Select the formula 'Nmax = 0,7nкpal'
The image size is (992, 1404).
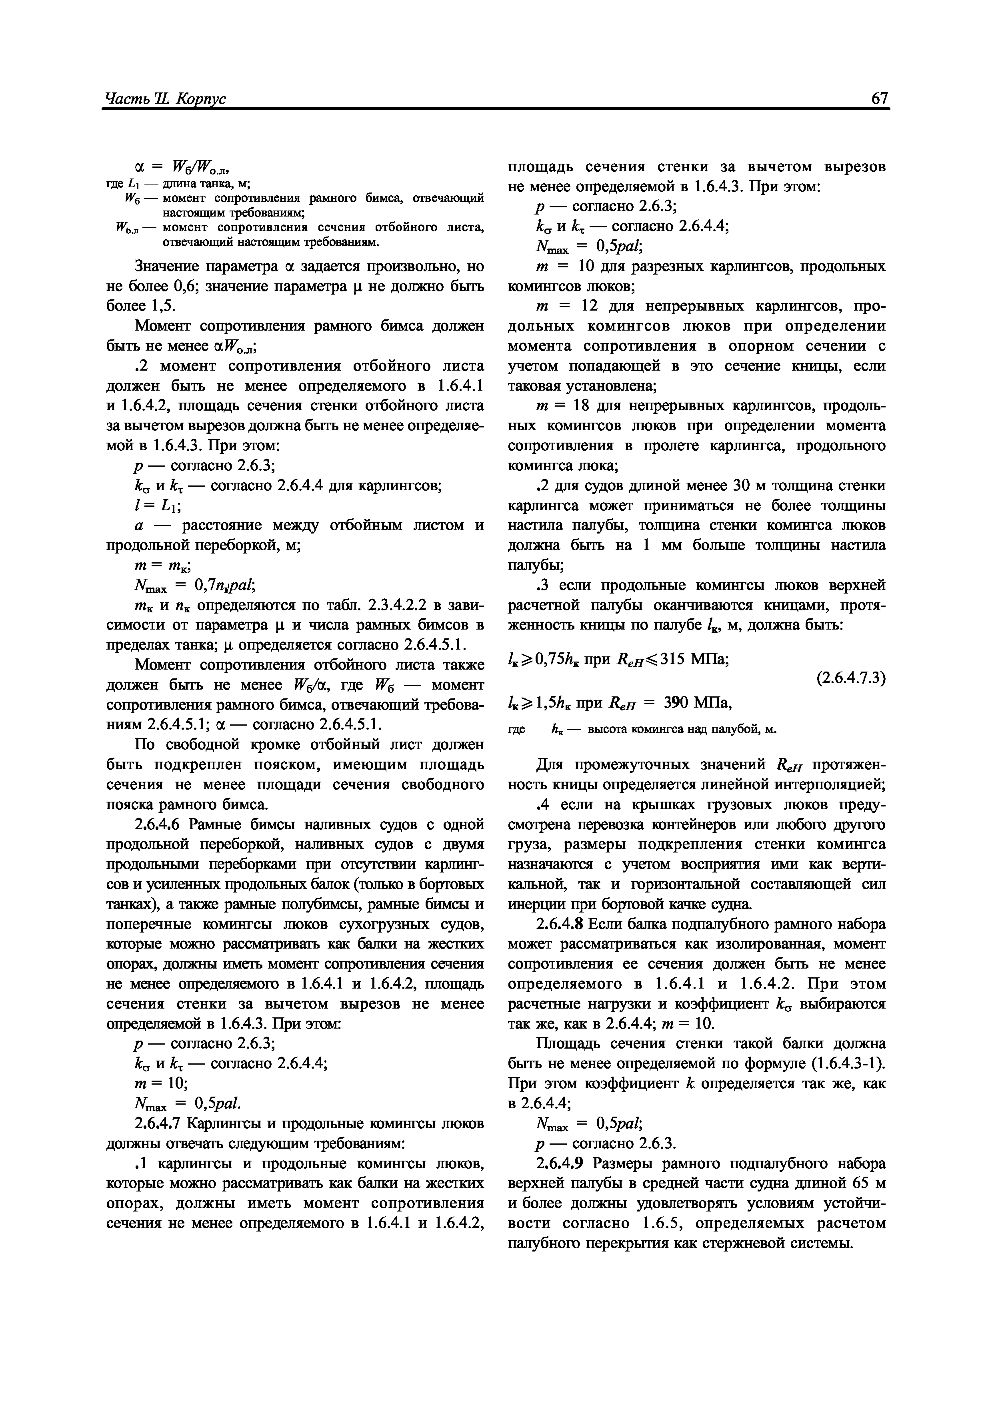point(194,586)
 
